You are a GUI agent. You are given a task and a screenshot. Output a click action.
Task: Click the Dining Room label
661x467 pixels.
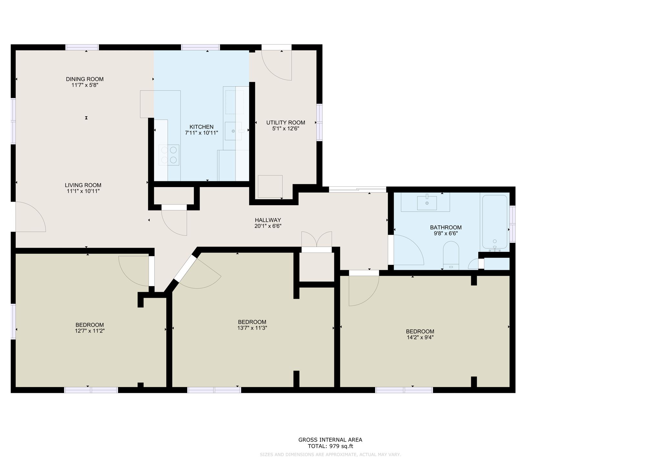click(x=85, y=79)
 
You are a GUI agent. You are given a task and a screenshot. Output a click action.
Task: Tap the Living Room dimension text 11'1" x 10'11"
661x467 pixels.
click(x=83, y=191)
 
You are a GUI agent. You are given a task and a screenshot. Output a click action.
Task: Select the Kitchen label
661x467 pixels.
click(x=201, y=127)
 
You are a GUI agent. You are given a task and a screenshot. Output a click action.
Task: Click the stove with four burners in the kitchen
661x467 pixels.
click(x=169, y=155)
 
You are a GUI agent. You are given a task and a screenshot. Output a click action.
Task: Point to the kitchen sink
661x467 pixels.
click(x=233, y=131)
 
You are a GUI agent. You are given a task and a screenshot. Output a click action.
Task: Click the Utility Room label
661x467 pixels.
click(x=286, y=123)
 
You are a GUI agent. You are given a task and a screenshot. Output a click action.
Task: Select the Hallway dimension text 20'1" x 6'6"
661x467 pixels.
click(x=268, y=226)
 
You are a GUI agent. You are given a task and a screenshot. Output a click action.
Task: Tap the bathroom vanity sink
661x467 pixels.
click(x=427, y=202)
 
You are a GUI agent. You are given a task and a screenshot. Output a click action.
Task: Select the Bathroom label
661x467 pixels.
click(x=446, y=227)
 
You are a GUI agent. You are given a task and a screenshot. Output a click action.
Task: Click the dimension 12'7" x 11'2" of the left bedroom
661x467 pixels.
click(x=90, y=331)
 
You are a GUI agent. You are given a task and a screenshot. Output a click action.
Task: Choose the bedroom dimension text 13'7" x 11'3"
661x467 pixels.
click(x=252, y=328)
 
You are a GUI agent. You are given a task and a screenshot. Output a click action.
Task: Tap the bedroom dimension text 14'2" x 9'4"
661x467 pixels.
click(x=420, y=337)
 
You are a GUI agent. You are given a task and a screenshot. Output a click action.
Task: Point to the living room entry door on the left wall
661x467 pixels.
click(x=30, y=217)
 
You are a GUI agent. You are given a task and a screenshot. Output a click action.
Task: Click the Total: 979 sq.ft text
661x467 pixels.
click(x=330, y=446)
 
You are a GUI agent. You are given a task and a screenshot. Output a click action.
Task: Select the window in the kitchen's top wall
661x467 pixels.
click(x=200, y=47)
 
